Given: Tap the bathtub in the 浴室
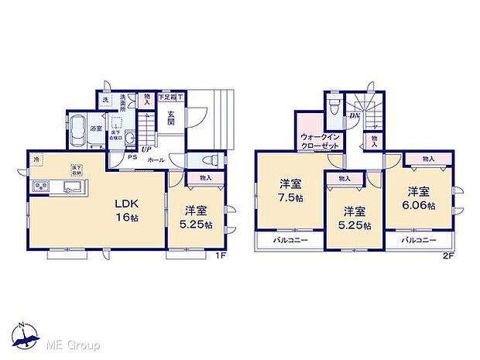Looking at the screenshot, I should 79,133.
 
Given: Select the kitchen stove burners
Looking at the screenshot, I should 41,187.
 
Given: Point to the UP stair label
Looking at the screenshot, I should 146,149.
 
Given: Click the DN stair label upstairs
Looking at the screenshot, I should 354,116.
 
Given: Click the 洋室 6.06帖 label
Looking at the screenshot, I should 422,198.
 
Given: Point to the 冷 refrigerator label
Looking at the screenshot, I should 35,159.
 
